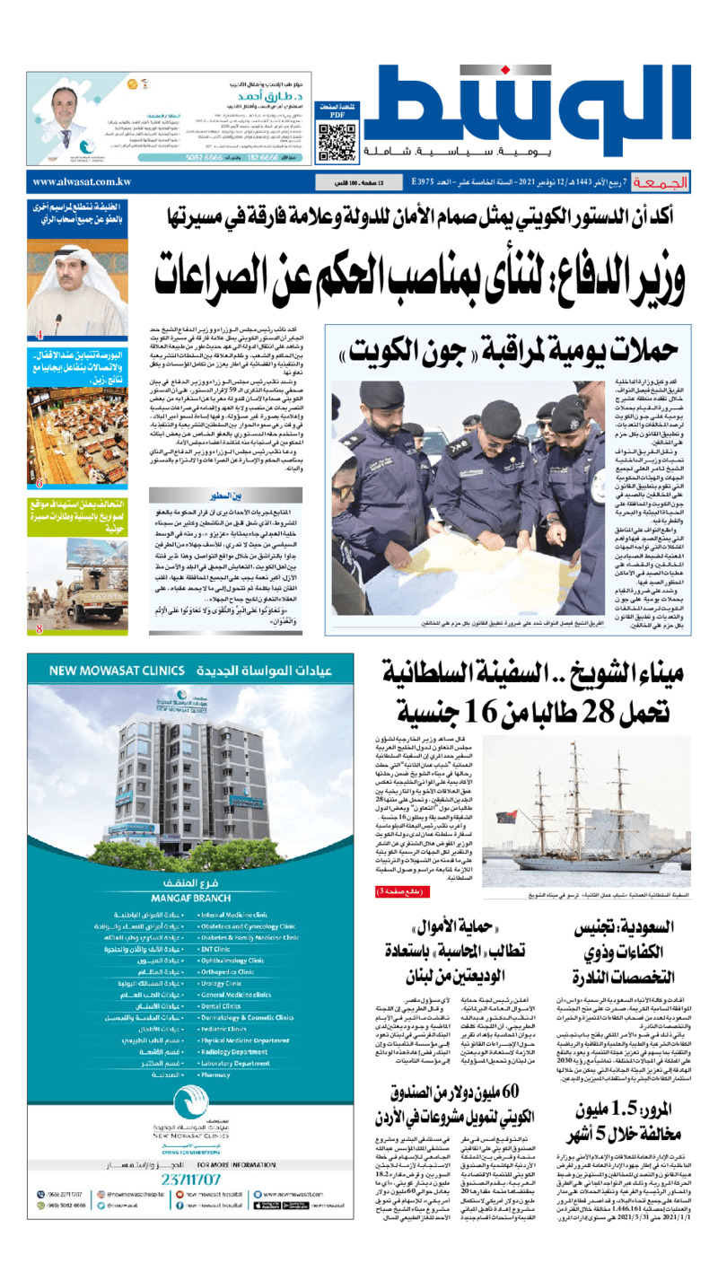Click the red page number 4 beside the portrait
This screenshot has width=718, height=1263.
click(39, 335)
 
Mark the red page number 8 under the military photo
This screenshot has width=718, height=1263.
click(39, 654)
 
